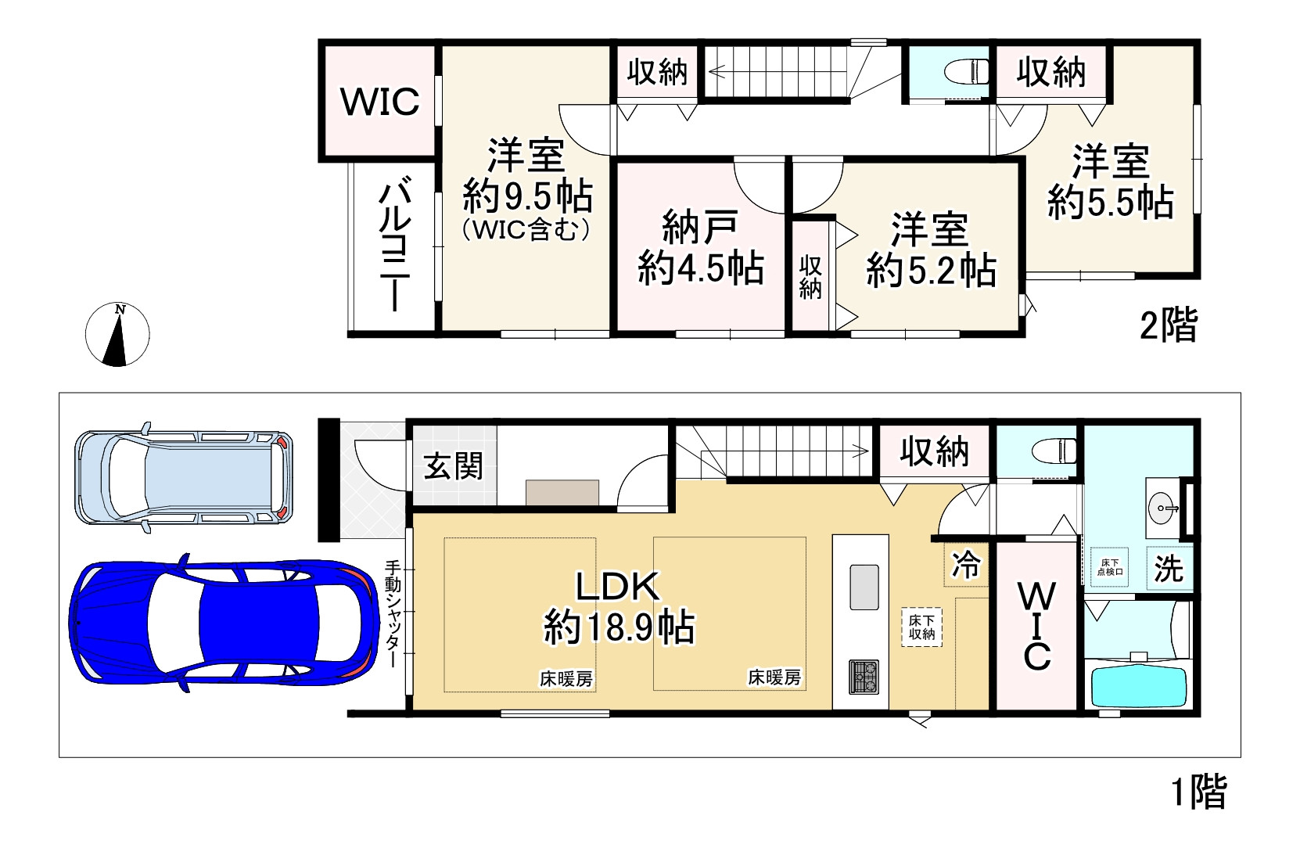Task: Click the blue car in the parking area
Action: (x=224, y=622)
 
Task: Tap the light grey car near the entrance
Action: (x=184, y=477)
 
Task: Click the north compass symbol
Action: (x=118, y=334)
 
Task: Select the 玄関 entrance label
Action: (x=453, y=466)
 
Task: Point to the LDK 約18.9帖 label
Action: (x=619, y=607)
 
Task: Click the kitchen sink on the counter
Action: (x=864, y=586)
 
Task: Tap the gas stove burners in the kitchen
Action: (x=864, y=677)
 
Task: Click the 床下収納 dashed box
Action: (x=921, y=627)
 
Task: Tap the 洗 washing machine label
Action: (x=1169, y=569)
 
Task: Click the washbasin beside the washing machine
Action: (x=1162, y=508)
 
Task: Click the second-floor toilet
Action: (x=967, y=73)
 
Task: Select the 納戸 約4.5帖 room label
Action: (x=701, y=248)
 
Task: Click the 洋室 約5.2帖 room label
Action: (x=931, y=250)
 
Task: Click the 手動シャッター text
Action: (x=393, y=613)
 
